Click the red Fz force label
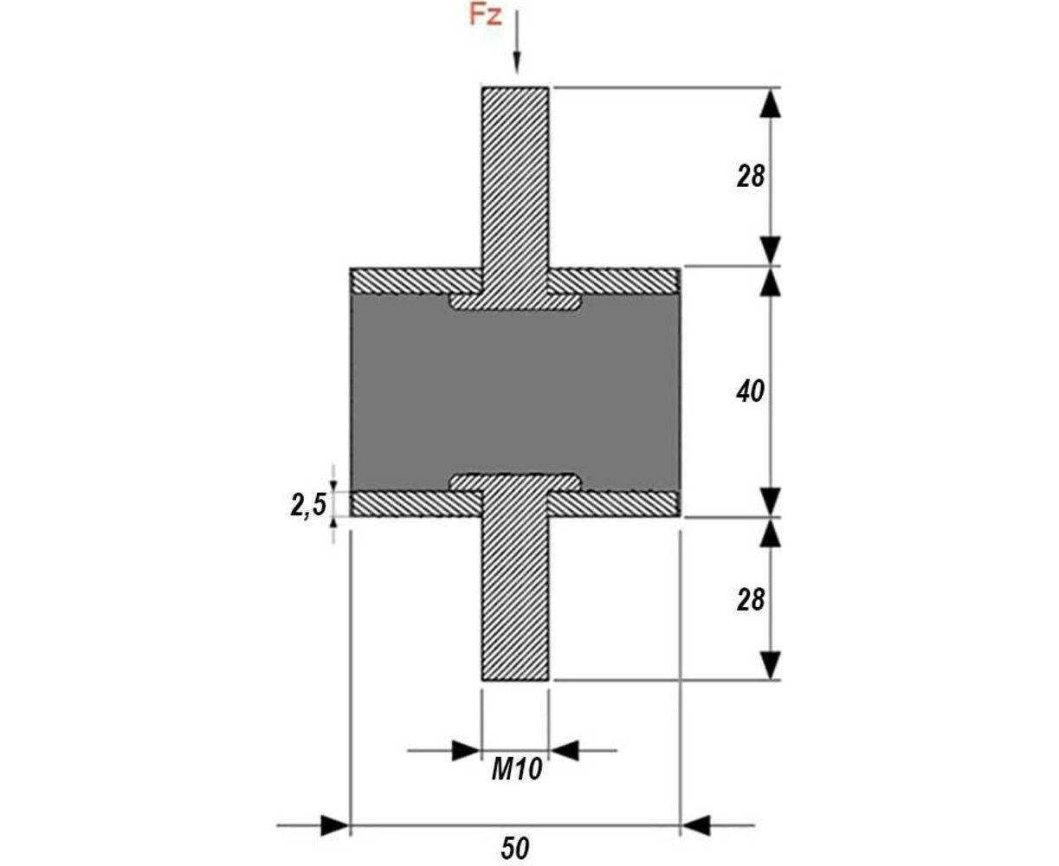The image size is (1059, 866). pos(485,16)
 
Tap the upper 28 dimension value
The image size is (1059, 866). pos(750,177)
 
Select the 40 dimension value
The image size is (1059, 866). pos(750,391)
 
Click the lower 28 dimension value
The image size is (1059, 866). pos(750,600)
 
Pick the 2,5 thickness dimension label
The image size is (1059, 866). pos(308,505)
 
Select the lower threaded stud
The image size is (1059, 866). pos(514,598)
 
